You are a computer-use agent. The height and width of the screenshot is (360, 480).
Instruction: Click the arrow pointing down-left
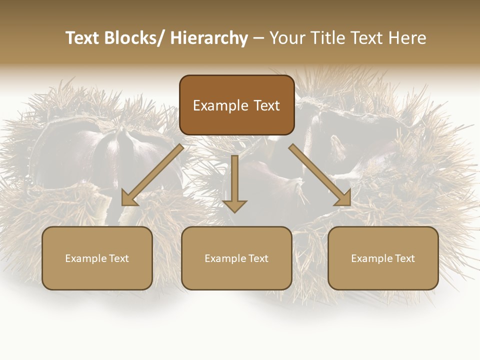point(153,175)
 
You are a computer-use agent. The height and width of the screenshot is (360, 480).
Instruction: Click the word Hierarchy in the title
point(209,38)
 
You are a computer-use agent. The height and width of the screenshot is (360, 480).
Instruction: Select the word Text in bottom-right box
point(404,258)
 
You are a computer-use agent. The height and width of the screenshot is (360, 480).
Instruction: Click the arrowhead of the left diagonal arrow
point(128,199)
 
